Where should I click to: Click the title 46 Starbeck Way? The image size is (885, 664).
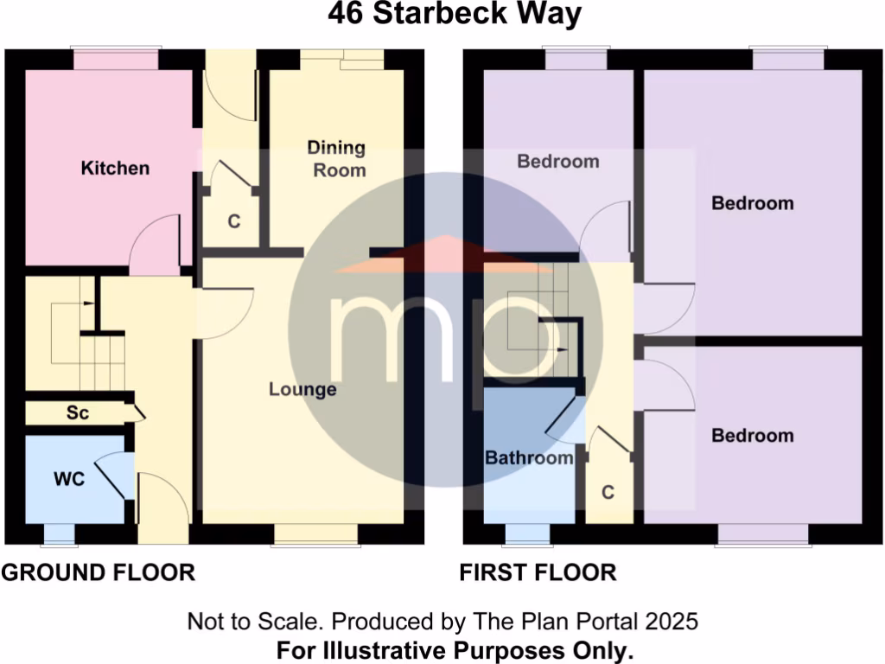[x=442, y=15]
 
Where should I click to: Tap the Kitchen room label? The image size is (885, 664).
[x=115, y=168]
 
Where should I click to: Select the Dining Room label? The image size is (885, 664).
[x=337, y=159]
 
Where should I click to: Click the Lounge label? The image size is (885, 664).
[x=302, y=390]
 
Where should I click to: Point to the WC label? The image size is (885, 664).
[x=68, y=479]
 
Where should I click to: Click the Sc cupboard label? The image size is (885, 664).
[x=78, y=413]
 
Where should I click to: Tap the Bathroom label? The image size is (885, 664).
[x=529, y=457]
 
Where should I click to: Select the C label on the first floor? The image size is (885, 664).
[x=608, y=493]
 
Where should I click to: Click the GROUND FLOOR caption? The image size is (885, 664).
[x=98, y=572]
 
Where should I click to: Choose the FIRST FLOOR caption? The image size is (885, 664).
[x=538, y=572]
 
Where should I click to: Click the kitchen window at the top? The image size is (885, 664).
[x=116, y=59]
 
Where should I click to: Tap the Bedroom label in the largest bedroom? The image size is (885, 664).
[x=752, y=203]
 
